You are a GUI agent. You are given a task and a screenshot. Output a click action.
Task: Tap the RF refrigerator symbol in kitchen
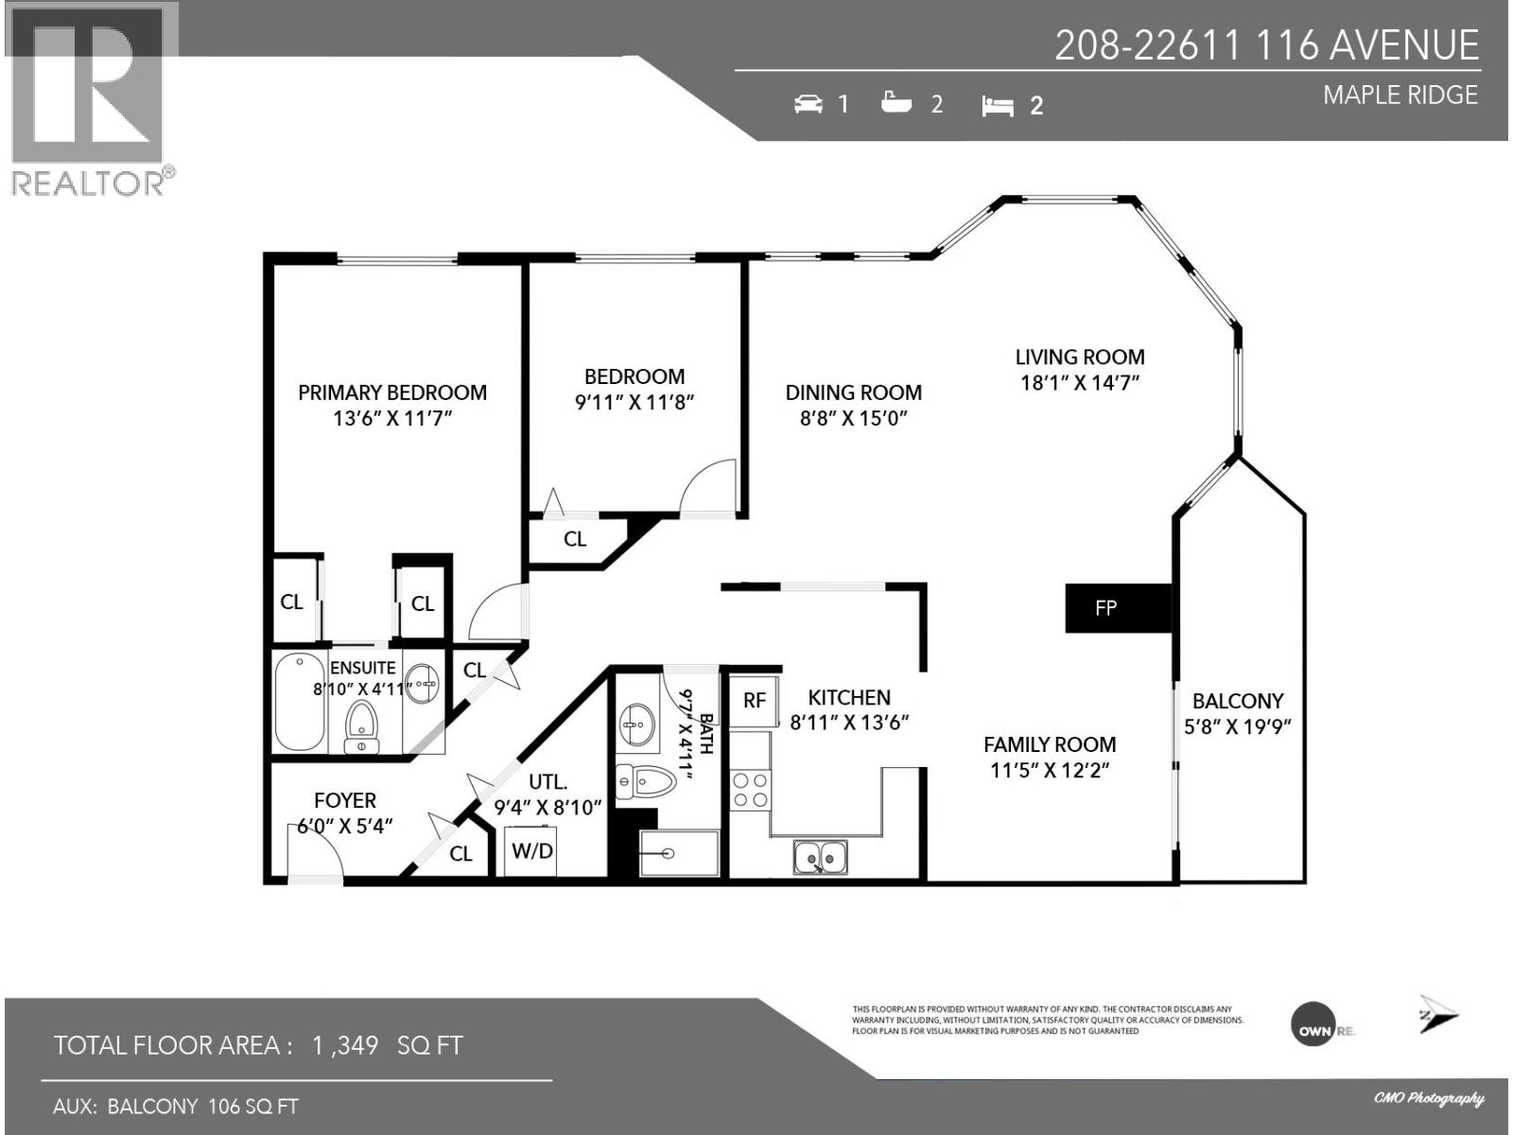point(754,701)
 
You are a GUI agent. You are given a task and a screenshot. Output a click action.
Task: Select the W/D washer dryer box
point(531,850)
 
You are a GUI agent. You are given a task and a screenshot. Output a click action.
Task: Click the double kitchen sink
point(820,858)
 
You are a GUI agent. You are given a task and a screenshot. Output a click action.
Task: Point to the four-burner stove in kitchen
point(751,791)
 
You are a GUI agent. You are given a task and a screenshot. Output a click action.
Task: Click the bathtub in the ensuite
point(299,701)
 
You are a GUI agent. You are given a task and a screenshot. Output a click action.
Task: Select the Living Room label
point(1079,358)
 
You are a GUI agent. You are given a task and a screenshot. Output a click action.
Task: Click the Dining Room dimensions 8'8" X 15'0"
point(853,418)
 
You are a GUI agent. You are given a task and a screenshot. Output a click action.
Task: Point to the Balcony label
point(1237,702)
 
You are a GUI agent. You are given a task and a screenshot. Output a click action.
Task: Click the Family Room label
point(1049,744)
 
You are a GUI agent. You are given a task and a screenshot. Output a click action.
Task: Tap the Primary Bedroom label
point(391,393)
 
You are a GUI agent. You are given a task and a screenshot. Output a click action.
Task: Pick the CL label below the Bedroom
point(575,539)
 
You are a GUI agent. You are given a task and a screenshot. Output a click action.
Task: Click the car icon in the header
point(808,104)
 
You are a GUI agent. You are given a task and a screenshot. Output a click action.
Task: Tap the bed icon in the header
point(998,106)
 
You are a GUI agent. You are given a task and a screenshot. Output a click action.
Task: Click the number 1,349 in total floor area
point(345,1045)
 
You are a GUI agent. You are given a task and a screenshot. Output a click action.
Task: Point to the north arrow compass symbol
point(1436,1015)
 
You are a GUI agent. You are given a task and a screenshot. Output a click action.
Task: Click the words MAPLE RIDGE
point(1400,96)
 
